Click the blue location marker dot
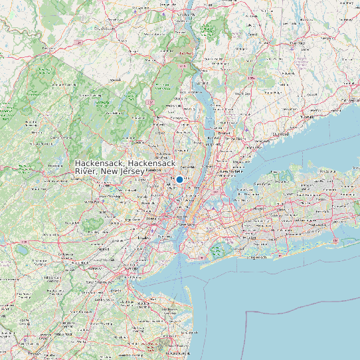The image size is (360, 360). pos(179,179)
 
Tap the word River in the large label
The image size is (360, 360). pos(86,172)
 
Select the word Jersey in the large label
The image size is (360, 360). pos(132,172)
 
